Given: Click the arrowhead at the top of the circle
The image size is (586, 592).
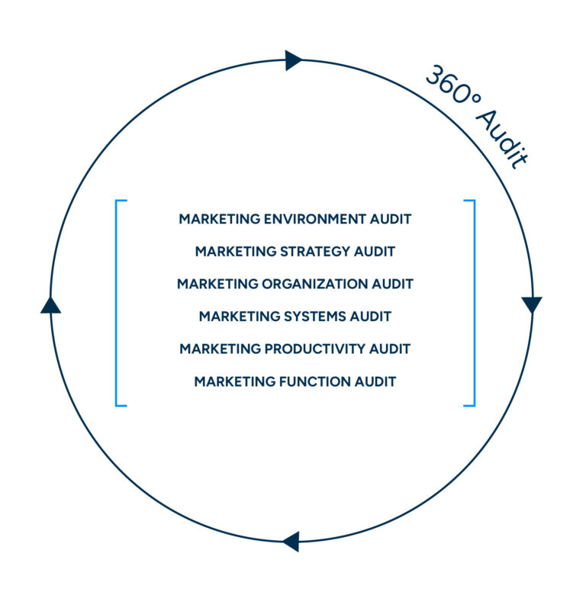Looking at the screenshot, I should tap(293, 60).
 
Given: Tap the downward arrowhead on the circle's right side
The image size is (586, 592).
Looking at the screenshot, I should tap(532, 305).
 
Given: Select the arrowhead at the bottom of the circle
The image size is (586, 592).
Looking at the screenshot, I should tap(291, 542).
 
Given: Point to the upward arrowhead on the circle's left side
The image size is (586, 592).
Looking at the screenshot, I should tap(50, 305).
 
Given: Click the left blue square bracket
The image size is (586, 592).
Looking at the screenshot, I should tap(118, 303).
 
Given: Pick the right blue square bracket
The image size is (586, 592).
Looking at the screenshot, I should tap(472, 303).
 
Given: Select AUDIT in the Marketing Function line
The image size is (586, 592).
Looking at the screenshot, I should tap(375, 381).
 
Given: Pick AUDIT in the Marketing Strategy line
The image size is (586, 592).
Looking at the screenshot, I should tap(375, 252).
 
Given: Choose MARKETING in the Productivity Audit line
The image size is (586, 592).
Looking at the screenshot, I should tap(220, 349).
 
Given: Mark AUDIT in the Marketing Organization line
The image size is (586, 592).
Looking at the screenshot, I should tap(392, 285).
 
